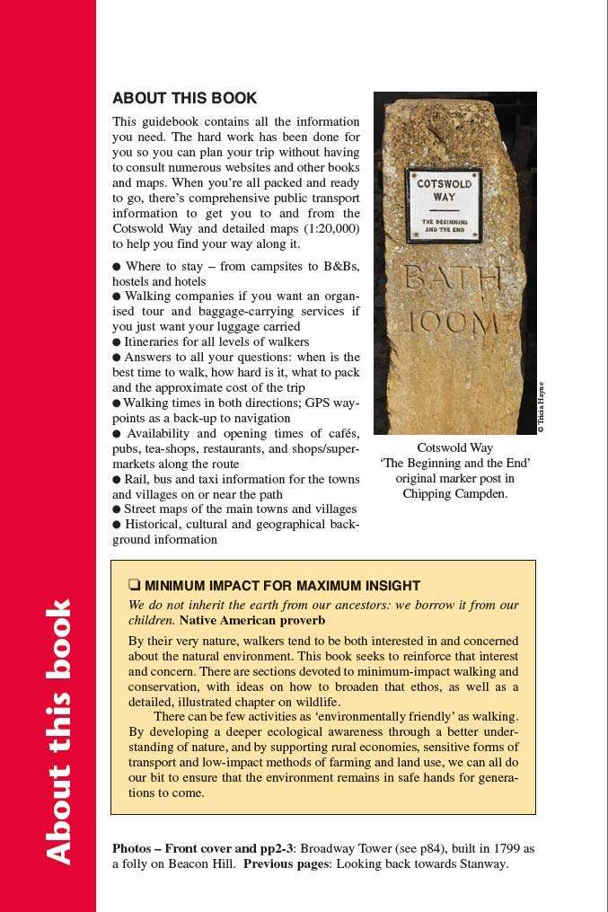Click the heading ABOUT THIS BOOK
coord(184,99)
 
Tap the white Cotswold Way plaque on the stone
coord(444,205)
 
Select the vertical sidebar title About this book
coord(57,731)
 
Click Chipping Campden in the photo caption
coord(454,493)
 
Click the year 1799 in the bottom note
coord(505,848)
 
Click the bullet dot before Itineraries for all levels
coord(117,342)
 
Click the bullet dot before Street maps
coord(117,509)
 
